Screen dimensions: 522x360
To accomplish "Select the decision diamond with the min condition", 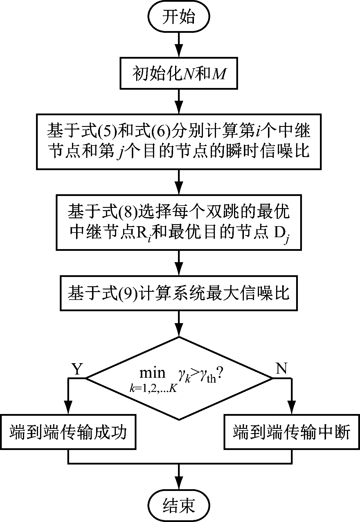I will coord(179,378).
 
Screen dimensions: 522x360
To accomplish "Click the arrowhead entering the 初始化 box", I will coord(178,52).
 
